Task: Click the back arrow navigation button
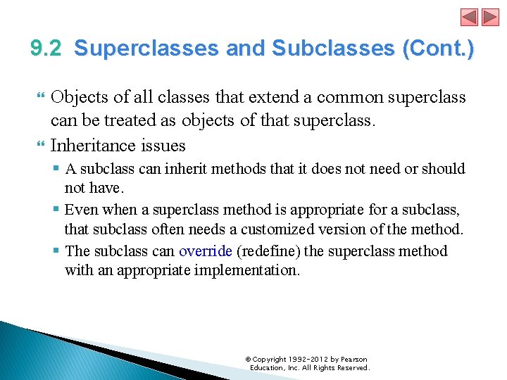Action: coord(469,18)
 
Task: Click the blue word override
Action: coord(205,251)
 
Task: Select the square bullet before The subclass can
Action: coord(56,251)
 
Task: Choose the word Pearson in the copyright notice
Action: coord(353,360)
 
